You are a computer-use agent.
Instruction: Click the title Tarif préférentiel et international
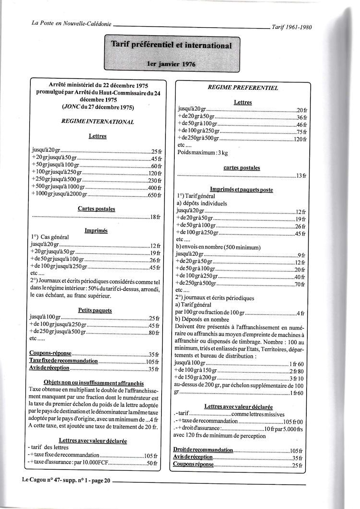click(171, 46)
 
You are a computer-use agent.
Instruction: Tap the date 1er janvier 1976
click(171, 64)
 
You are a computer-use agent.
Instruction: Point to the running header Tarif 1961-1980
click(291, 27)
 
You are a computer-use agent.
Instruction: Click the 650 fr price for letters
click(154, 195)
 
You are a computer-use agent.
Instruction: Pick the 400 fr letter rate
click(154, 188)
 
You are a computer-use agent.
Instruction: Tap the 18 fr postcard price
click(155, 217)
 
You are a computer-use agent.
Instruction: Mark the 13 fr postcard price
click(301, 176)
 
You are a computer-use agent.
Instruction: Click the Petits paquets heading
click(95, 310)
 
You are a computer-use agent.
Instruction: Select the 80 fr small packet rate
click(155, 332)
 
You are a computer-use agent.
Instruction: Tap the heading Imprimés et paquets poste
click(241, 190)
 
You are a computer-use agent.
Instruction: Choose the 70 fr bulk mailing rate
click(300, 284)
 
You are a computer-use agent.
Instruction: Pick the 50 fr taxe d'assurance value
click(152, 463)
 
